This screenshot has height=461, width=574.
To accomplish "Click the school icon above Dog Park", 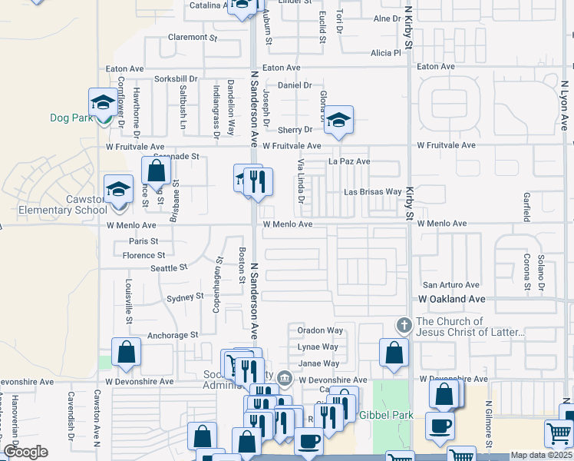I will point(102,102).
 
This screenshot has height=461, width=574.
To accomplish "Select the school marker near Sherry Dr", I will point(338,120).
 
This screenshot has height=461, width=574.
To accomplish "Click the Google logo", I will point(25,452).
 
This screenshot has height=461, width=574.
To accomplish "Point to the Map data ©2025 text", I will point(540,455).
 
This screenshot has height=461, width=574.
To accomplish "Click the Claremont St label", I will point(193,37).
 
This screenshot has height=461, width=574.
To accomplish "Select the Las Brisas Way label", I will point(372,191).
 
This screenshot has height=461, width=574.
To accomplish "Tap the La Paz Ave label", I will point(349,161).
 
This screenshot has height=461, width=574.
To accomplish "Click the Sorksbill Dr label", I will point(176,79).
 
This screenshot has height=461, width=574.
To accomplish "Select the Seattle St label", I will point(169,268).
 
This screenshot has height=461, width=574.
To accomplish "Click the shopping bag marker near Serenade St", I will point(156,171).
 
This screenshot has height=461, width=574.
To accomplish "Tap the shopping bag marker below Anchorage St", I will point(126,353).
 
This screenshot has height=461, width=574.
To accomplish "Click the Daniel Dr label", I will point(295,85).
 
